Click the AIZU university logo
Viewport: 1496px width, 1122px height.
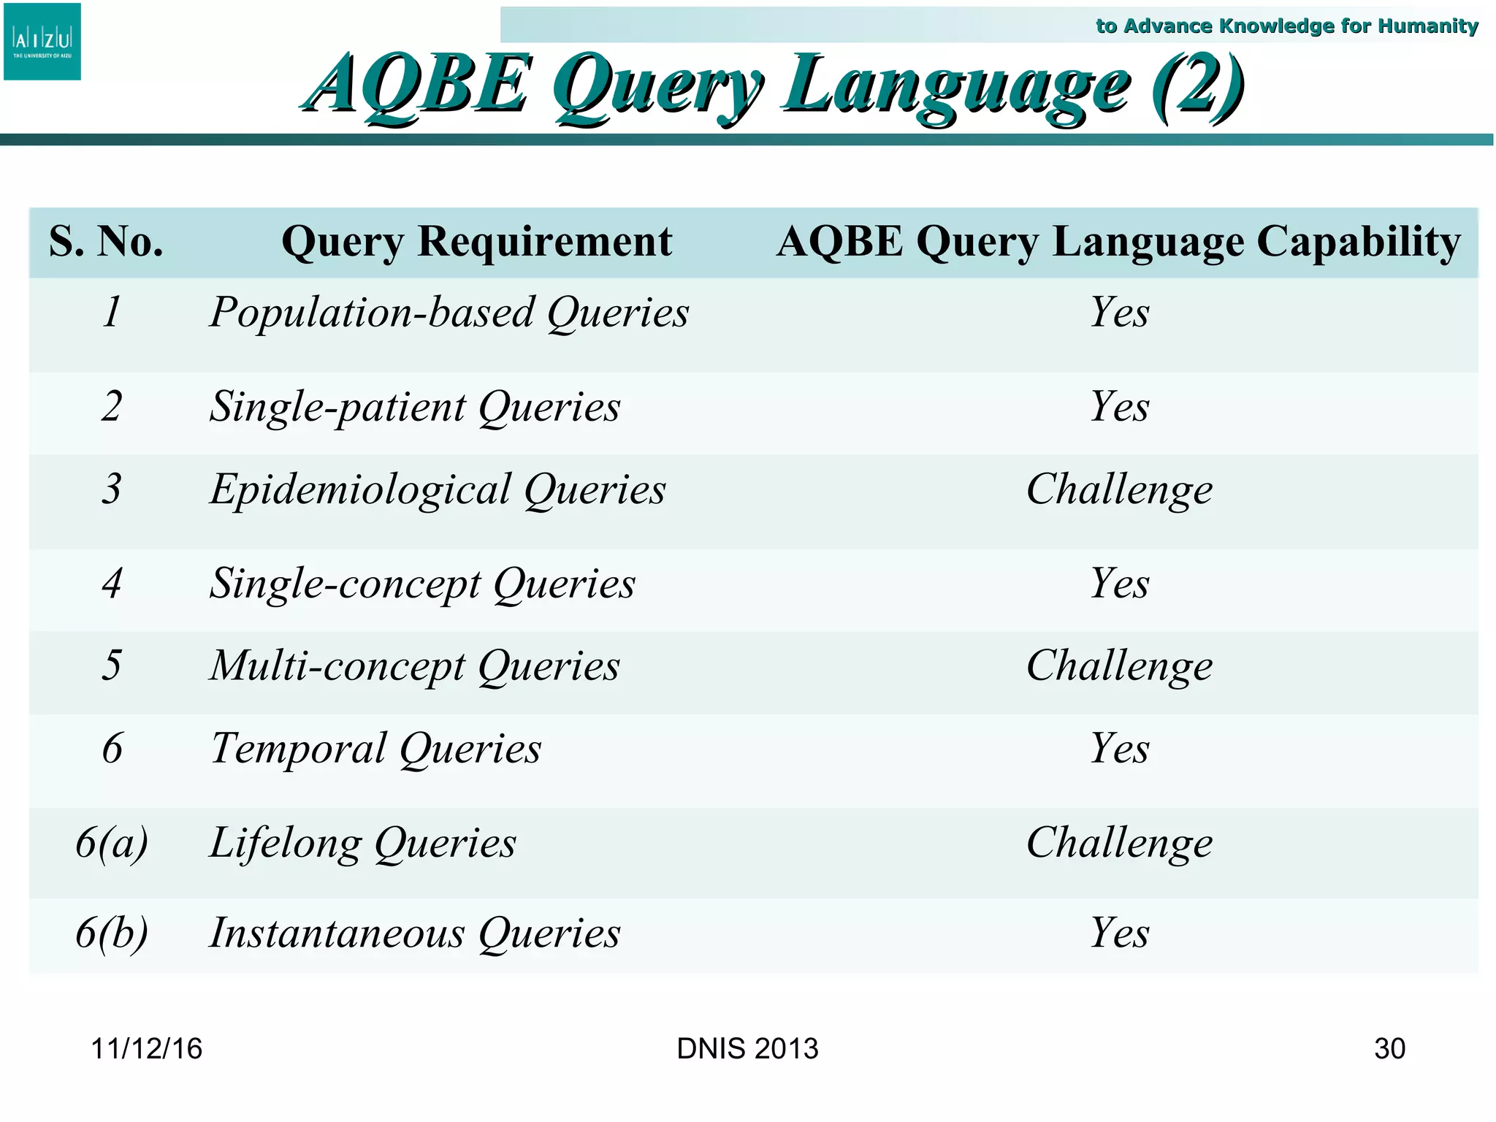tap(42, 42)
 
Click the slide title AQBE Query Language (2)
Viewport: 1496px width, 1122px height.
tap(774, 85)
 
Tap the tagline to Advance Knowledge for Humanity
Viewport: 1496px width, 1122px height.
tap(1286, 26)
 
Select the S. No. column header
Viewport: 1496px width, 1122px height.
tap(107, 242)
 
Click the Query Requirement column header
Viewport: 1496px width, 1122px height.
tap(476, 242)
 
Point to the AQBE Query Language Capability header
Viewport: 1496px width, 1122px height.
tap(1118, 242)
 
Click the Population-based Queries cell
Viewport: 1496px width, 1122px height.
tap(449, 313)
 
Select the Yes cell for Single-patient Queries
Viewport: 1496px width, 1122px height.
tap(1119, 407)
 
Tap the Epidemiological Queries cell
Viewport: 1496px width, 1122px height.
tap(438, 489)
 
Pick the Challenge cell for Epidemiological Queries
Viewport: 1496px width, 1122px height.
tap(1119, 489)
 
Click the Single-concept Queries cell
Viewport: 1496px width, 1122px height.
tap(422, 584)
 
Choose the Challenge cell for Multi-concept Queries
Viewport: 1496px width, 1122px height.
tap(1119, 666)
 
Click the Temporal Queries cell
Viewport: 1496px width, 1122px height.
tap(376, 749)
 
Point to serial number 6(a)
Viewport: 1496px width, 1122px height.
tap(112, 842)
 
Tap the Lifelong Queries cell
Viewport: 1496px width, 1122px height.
tap(363, 843)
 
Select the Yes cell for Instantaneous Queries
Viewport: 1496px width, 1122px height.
tap(1119, 933)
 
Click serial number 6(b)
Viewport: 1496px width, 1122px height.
tap(112, 933)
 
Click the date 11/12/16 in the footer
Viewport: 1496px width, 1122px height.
tap(146, 1049)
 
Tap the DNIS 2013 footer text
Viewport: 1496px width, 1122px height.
tap(747, 1049)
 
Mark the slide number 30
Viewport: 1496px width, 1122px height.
tap(1389, 1049)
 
